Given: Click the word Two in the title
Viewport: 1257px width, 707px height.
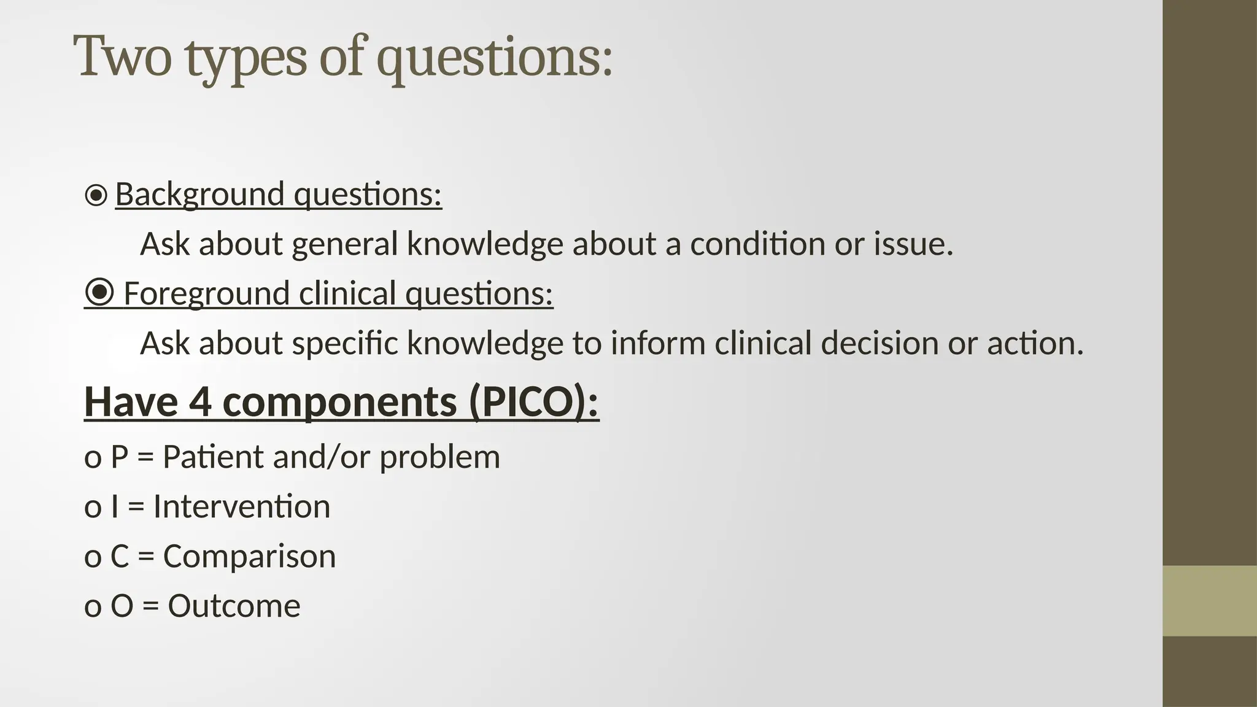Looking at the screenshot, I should [x=122, y=56].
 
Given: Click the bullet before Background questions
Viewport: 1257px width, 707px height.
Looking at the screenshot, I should [x=96, y=196].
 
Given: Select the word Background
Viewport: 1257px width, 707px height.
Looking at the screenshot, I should [x=199, y=195].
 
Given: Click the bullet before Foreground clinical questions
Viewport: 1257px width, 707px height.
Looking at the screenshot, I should [x=99, y=293].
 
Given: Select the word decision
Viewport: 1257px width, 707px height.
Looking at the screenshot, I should [x=879, y=343].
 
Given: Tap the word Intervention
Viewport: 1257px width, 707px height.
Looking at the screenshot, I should [x=241, y=507].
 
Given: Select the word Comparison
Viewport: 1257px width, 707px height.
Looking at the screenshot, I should [x=249, y=557].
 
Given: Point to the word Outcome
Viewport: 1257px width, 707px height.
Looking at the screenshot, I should [x=234, y=606].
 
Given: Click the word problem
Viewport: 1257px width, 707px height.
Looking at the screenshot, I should [x=439, y=458].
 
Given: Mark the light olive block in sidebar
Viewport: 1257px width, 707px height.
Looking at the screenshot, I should [x=1209, y=601].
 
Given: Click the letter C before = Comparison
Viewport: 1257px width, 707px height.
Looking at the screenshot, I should [x=120, y=557].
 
